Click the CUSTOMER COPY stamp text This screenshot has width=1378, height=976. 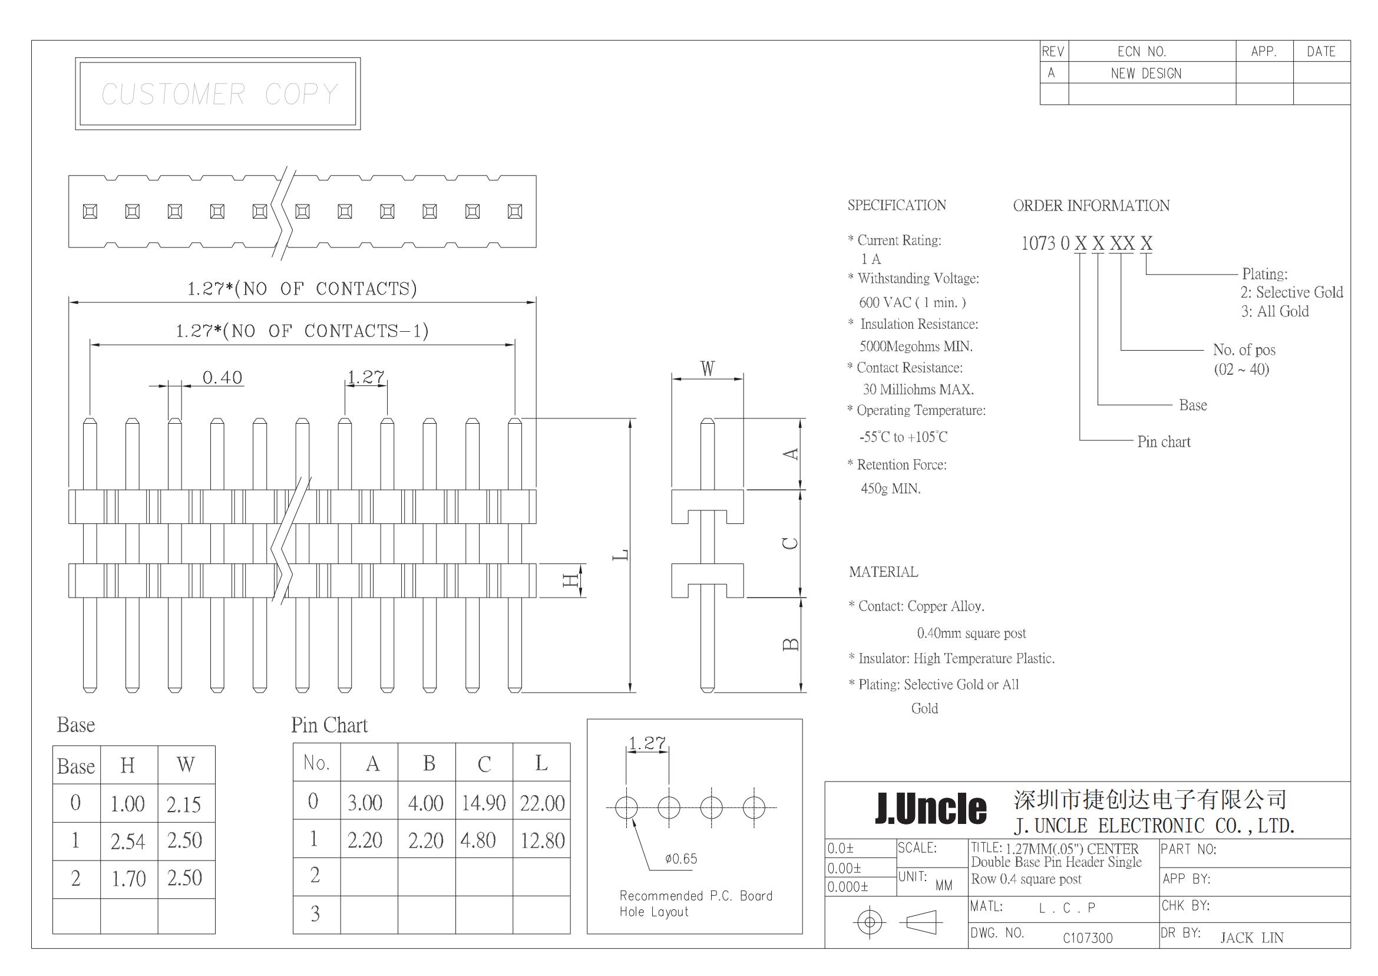tap(220, 94)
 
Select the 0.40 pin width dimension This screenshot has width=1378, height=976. tap(222, 377)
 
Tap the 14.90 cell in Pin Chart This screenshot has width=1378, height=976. tap(484, 802)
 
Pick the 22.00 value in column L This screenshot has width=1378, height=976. tap(543, 803)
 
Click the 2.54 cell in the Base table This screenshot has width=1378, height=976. tap(128, 842)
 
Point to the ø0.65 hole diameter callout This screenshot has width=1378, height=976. tap(681, 859)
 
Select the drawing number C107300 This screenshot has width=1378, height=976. tap(1088, 938)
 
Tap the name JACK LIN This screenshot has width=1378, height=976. tap(1252, 938)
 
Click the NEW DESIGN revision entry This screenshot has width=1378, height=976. tap(1146, 73)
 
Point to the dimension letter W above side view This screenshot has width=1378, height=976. tap(708, 368)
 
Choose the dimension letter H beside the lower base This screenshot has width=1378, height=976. tap(570, 580)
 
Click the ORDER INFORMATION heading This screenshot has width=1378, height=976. tap(1092, 206)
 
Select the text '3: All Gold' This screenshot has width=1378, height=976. tap(1275, 311)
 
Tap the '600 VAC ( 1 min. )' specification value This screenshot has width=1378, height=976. tap(913, 302)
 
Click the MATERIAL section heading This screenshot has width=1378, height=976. tap(884, 572)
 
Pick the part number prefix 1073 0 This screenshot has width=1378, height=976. tap(1045, 243)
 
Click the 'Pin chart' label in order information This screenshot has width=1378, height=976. tap(1164, 441)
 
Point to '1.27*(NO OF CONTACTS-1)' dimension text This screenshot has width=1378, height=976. tap(302, 331)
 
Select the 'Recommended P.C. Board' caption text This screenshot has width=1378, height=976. tap(696, 895)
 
